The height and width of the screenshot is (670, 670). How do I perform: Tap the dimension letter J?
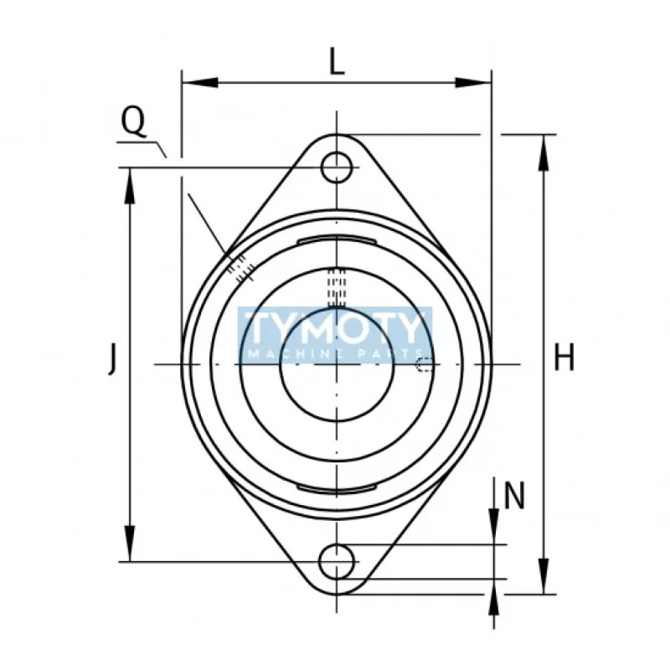pos(111,360)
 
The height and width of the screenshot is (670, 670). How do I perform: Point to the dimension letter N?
pos(514,497)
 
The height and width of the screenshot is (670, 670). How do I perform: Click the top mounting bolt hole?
pos(337,167)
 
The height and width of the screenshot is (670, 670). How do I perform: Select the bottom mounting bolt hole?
pos(337,560)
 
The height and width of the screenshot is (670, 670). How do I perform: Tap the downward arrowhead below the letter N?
pos(495,531)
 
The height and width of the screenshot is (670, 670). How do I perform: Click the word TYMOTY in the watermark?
pos(336,327)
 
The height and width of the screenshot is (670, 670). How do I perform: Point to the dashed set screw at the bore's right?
pos(425,363)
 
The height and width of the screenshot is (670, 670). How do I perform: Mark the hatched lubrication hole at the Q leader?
pos(240,267)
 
